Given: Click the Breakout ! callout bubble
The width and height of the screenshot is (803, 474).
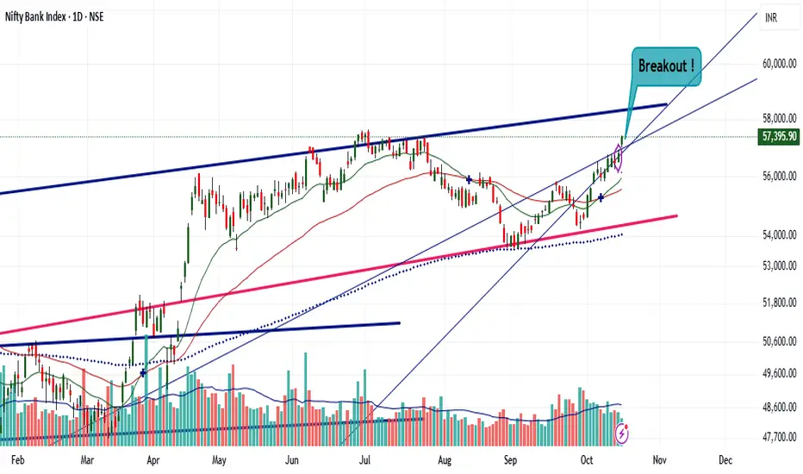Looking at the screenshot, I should (665, 66).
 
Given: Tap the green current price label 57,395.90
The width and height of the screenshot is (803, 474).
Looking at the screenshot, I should (777, 136).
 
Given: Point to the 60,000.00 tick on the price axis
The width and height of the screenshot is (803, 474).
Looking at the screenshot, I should (778, 64).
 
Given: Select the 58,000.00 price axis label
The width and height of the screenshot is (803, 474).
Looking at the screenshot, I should (778, 118).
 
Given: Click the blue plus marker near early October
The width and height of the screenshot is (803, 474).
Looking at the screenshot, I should (601, 197).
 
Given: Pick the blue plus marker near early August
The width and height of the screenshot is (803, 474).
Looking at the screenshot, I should (468, 178).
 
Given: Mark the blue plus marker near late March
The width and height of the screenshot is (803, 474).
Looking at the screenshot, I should (142, 372).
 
